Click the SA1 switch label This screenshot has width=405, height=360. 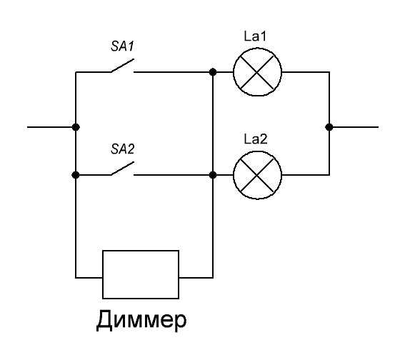point(122,46)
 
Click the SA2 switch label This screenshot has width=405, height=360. point(122,149)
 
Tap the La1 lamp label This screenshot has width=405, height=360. point(255,36)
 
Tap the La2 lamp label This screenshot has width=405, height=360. point(256,139)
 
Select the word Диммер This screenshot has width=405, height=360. point(141,320)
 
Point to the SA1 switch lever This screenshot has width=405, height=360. point(122,66)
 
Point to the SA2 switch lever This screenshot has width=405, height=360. point(122,169)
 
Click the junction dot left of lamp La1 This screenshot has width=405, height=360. point(213,72)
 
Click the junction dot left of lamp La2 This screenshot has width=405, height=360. point(213,175)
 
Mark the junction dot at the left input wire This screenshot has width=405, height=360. point(76,127)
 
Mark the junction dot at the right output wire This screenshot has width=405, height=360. point(329,127)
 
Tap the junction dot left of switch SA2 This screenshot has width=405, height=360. point(76,175)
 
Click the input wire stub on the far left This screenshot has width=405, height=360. point(51,127)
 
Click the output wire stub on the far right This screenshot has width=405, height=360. point(354,127)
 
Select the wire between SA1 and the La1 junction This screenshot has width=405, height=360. point(173,72)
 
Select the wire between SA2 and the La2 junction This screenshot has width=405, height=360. point(173,175)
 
